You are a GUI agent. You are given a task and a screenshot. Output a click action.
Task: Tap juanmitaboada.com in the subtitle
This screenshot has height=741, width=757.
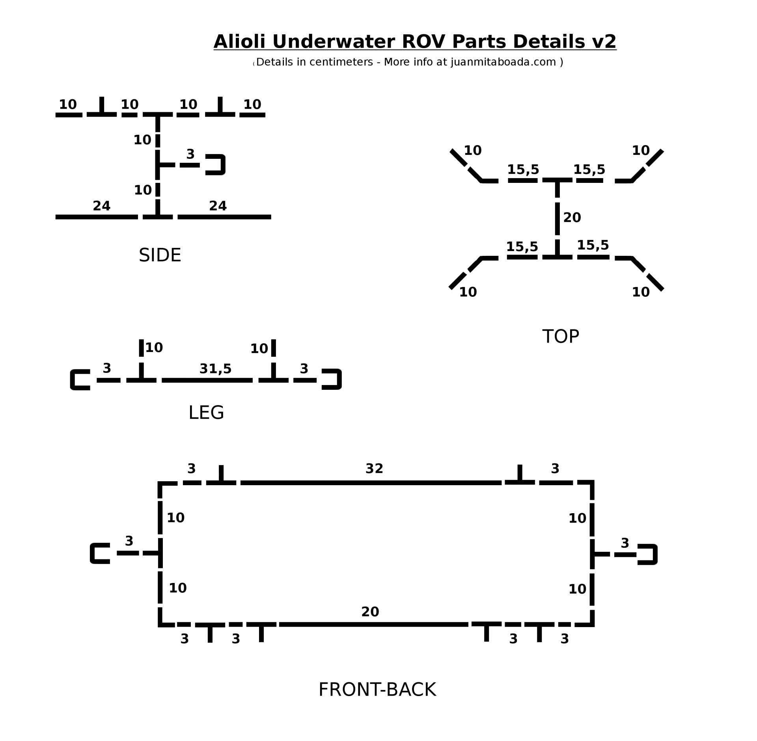[503, 62]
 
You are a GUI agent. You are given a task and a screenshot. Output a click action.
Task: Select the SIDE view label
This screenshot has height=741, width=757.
[160, 255]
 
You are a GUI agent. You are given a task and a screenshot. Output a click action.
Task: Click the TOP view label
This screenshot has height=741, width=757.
[560, 337]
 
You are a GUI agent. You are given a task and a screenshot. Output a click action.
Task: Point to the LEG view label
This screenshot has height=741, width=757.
[206, 413]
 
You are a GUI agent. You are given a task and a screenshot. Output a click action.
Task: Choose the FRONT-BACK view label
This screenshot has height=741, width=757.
[377, 690]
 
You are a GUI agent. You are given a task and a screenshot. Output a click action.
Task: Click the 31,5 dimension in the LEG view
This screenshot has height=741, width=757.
[215, 369]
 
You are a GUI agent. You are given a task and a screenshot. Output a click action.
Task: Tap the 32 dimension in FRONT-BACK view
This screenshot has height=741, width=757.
[374, 469]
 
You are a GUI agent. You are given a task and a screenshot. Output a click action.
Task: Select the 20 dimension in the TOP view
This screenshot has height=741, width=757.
[572, 218]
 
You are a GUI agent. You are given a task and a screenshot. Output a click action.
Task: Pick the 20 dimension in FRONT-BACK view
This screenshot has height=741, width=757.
[370, 612]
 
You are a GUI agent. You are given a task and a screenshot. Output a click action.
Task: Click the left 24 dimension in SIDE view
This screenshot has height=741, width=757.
[102, 206]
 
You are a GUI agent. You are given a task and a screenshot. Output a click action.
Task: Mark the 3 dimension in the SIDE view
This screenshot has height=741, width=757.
[190, 154]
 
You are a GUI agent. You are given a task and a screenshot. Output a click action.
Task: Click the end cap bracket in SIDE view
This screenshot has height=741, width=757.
[216, 165]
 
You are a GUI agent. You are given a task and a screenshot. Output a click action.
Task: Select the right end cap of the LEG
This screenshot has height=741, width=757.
[332, 380]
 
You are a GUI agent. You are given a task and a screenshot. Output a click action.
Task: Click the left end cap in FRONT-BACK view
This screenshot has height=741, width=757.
[100, 553]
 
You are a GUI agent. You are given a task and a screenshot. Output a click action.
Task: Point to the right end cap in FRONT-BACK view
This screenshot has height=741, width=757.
[648, 555]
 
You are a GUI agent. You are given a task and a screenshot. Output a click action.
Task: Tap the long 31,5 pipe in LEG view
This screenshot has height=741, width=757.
[207, 380]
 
